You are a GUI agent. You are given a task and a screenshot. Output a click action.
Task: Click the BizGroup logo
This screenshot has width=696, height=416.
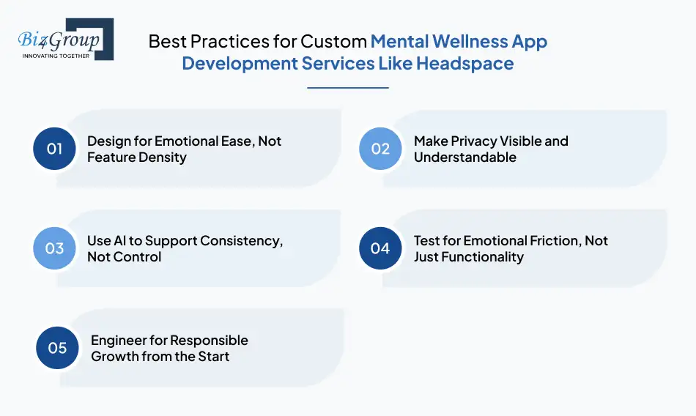coord(63,39)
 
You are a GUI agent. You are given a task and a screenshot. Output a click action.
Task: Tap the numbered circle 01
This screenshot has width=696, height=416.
coord(55,149)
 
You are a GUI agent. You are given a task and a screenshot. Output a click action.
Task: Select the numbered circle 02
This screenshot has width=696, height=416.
coord(380,149)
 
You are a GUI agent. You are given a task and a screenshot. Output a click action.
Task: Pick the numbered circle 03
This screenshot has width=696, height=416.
coord(55,248)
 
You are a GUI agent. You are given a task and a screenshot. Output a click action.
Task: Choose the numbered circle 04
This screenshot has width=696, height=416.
coord(380,248)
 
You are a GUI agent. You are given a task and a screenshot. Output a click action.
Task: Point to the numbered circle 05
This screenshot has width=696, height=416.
coord(58,348)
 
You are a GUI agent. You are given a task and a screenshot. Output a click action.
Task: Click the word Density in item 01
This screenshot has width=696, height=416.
coord(164,157)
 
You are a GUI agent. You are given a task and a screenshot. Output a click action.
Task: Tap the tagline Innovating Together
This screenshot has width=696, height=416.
coord(56,55)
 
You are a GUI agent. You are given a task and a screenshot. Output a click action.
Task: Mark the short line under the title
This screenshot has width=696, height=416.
coord(347,88)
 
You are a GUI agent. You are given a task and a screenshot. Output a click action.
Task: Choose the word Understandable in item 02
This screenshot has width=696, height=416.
coord(464,157)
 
